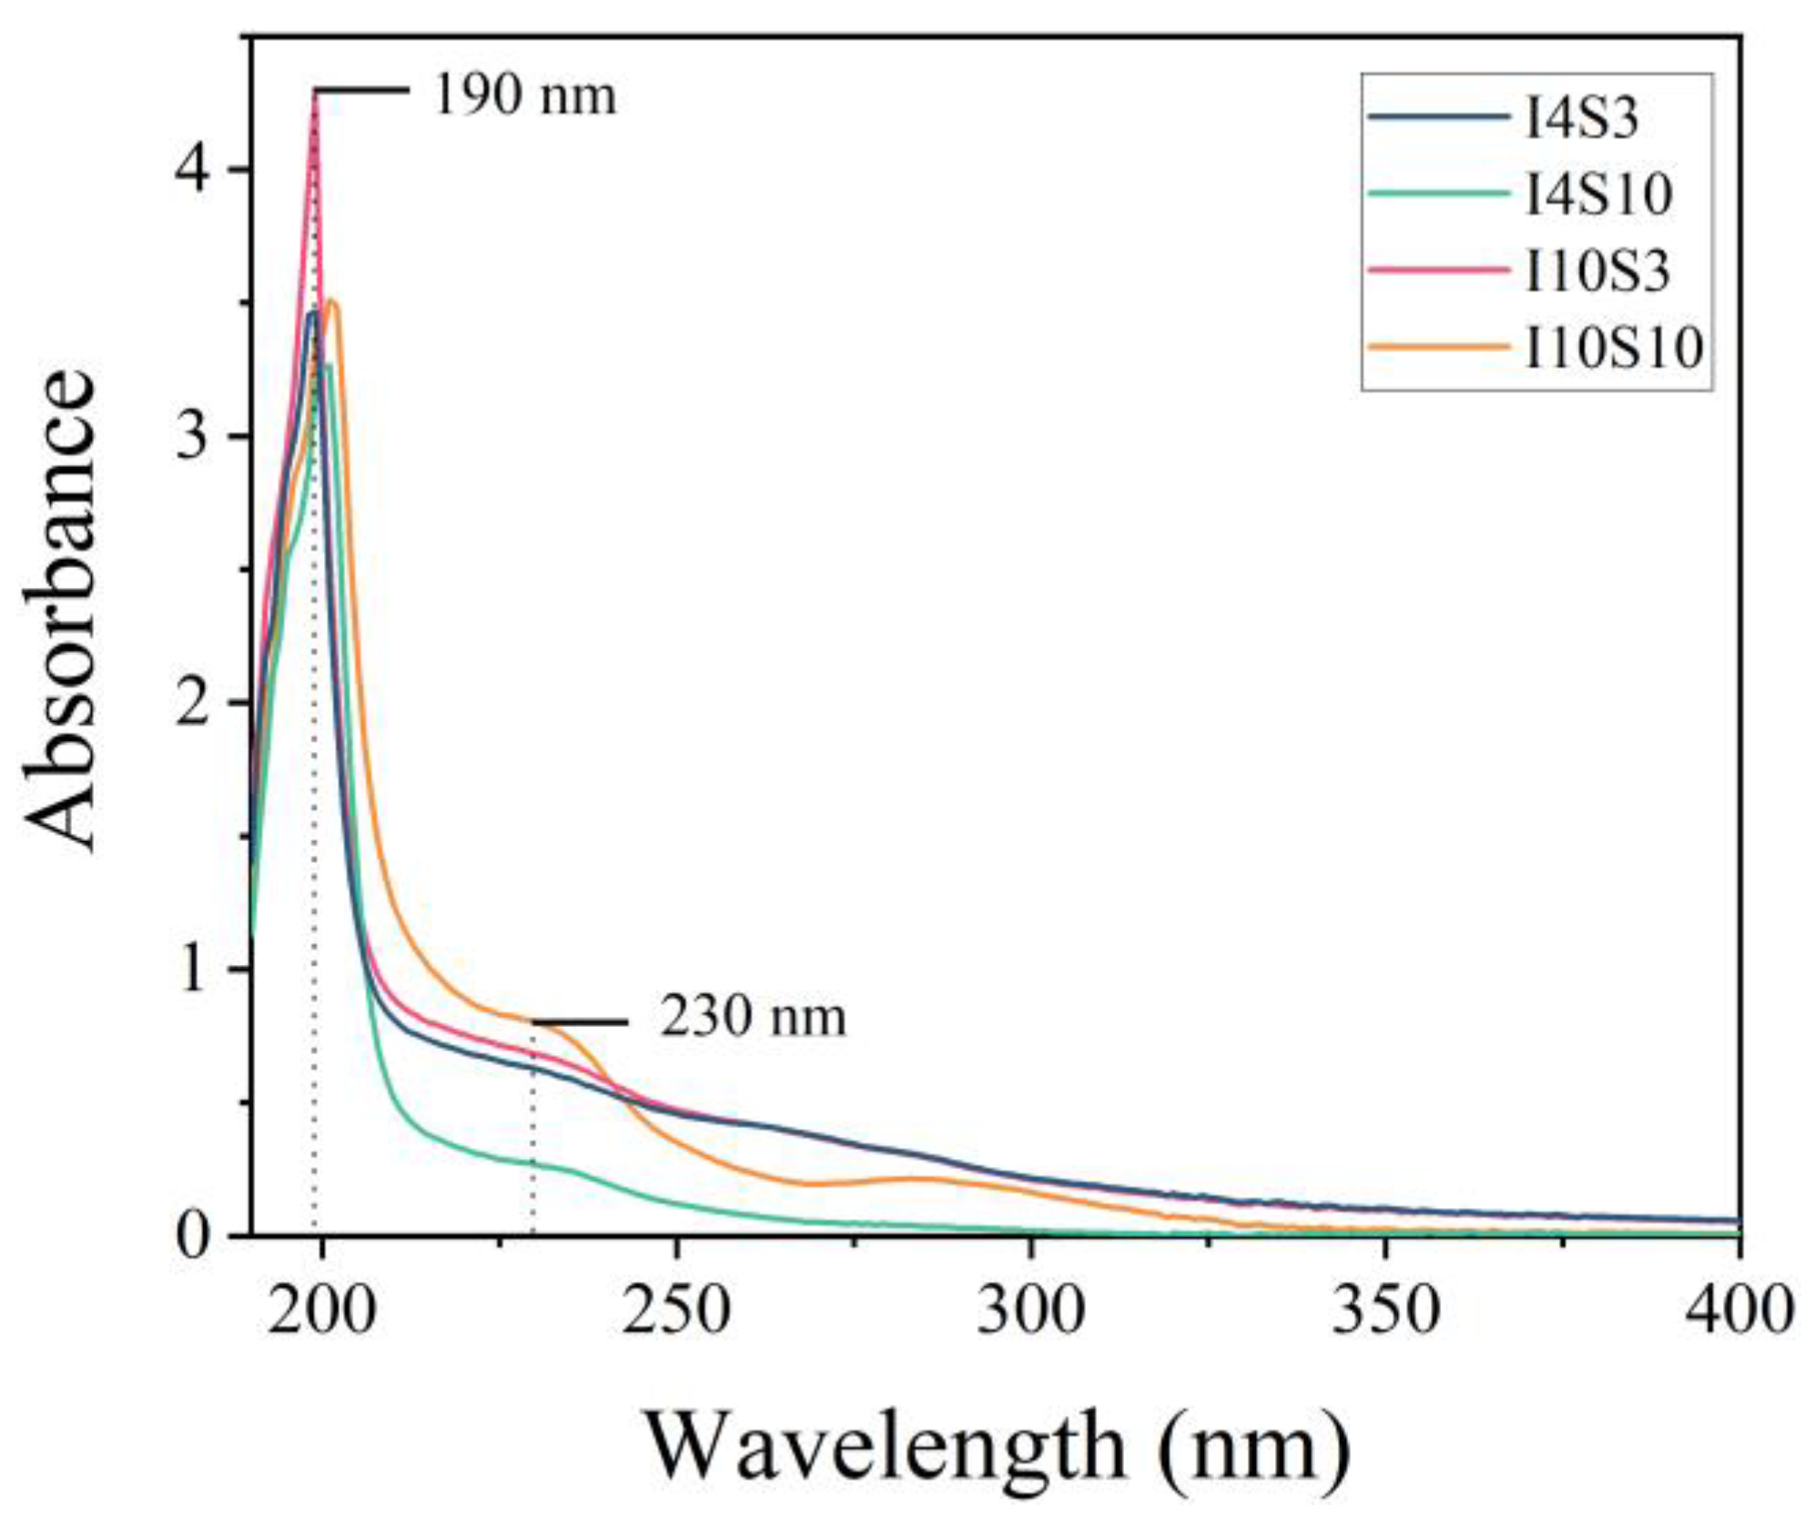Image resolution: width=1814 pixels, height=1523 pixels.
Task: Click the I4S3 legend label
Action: click(x=1581, y=118)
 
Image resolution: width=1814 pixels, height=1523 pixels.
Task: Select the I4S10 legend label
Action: click(x=1598, y=194)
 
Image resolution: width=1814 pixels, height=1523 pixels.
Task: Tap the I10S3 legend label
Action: click(x=1597, y=270)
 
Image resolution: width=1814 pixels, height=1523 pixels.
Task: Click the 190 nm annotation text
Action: click(x=525, y=96)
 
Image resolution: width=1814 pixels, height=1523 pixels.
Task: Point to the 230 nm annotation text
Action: click(x=753, y=1018)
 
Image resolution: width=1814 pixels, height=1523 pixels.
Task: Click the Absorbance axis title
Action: click(x=60, y=610)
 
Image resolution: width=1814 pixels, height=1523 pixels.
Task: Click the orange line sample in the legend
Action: click(x=1438, y=347)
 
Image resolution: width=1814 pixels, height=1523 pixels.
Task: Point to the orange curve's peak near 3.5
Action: click(x=331, y=301)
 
